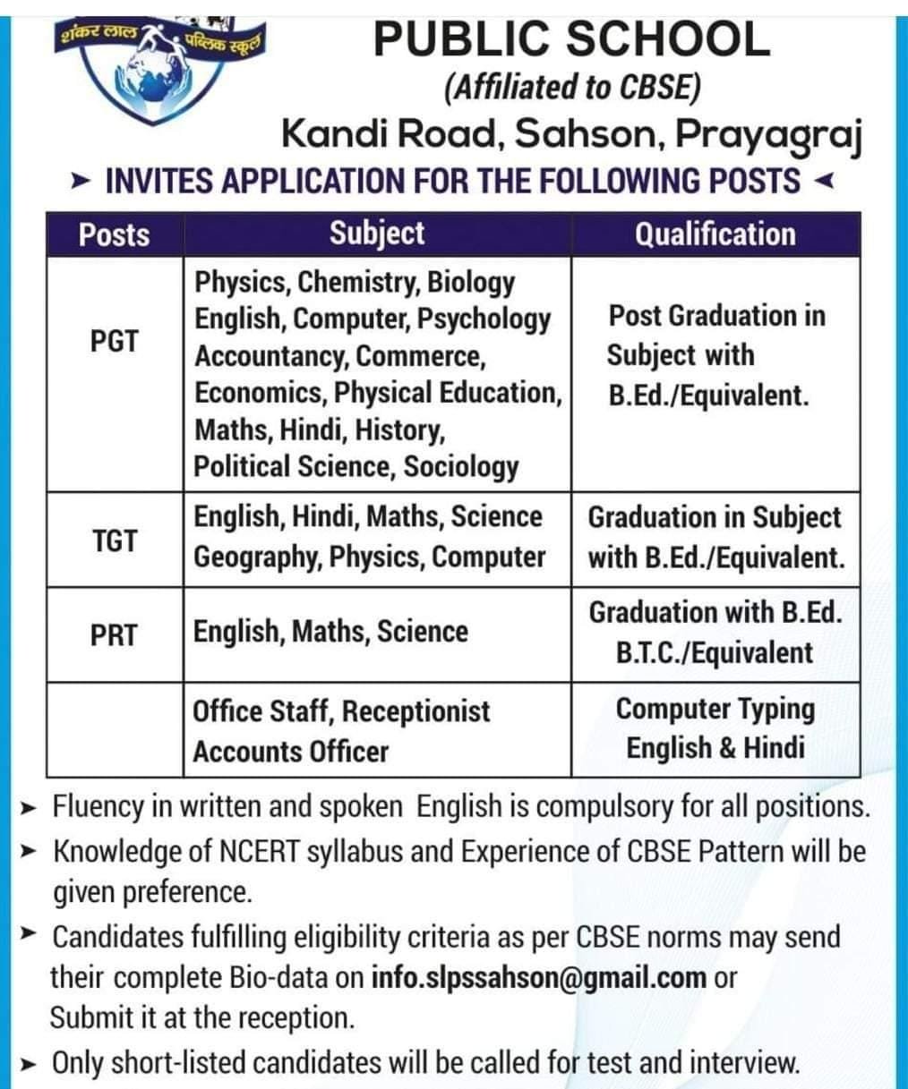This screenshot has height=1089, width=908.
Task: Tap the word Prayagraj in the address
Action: pyautogui.click(x=768, y=134)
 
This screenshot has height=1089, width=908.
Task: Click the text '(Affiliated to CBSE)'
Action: pyautogui.click(x=571, y=88)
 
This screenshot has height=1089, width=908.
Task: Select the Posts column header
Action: pyautogui.click(x=114, y=234)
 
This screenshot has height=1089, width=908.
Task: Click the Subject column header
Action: pyautogui.click(x=377, y=234)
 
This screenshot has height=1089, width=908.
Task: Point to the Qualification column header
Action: pyautogui.click(x=715, y=234)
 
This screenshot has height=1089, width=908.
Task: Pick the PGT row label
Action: pyautogui.click(x=114, y=342)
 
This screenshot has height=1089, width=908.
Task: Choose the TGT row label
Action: pyautogui.click(x=114, y=540)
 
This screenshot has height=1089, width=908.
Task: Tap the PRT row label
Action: pyautogui.click(x=114, y=635)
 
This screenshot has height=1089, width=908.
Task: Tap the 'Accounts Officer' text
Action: pyautogui.click(x=291, y=752)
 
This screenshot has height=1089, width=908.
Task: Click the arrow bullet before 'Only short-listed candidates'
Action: pyautogui.click(x=30, y=1065)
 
